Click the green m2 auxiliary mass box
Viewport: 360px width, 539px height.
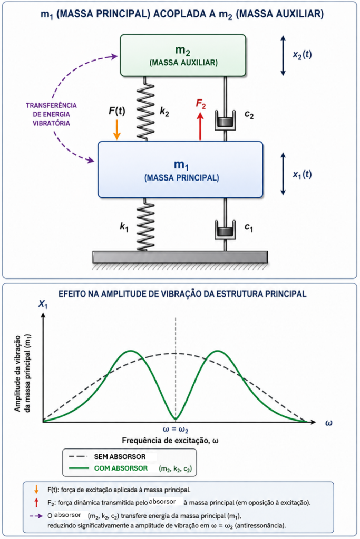coord(183,55)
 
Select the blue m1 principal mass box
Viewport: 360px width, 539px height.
coord(180,169)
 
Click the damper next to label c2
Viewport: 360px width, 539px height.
coord(225,121)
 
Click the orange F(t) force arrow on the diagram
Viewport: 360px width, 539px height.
coord(117,129)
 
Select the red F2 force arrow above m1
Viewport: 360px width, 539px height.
coord(200,126)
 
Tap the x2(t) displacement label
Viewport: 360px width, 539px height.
coord(302,55)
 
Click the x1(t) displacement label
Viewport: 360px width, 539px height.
coord(302,175)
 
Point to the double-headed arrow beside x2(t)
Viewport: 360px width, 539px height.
coord(283,55)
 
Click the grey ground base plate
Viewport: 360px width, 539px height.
coord(180,257)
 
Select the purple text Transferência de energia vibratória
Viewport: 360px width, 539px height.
coord(51,114)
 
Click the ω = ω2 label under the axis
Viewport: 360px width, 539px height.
coord(176,430)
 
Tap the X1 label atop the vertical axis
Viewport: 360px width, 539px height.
coord(43,304)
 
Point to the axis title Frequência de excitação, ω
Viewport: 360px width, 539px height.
coord(170,441)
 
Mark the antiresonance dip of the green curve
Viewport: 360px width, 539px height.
coord(176,419)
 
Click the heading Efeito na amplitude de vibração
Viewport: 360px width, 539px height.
coord(182,294)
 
